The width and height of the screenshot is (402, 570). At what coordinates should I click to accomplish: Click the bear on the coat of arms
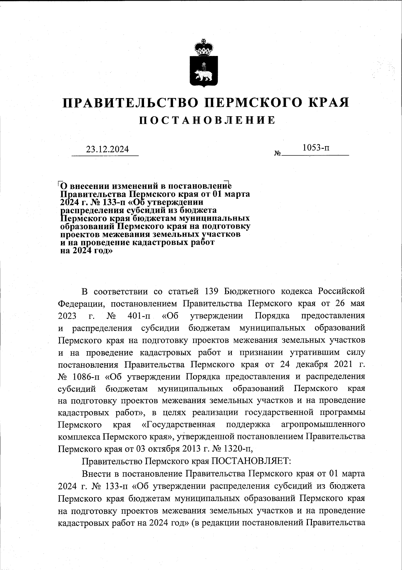point(204,74)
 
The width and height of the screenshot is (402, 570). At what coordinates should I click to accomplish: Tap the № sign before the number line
point(277,154)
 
